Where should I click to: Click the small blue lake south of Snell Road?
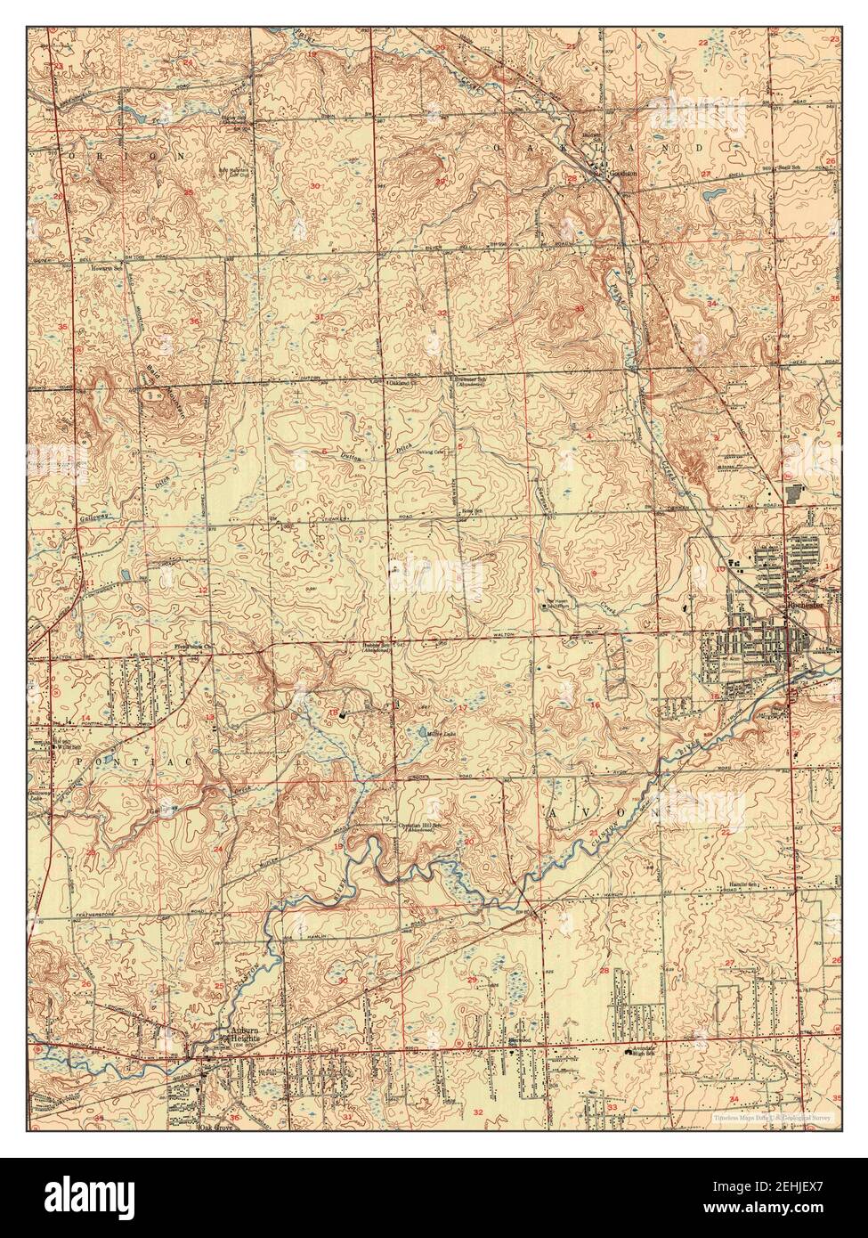pos(711,193)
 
